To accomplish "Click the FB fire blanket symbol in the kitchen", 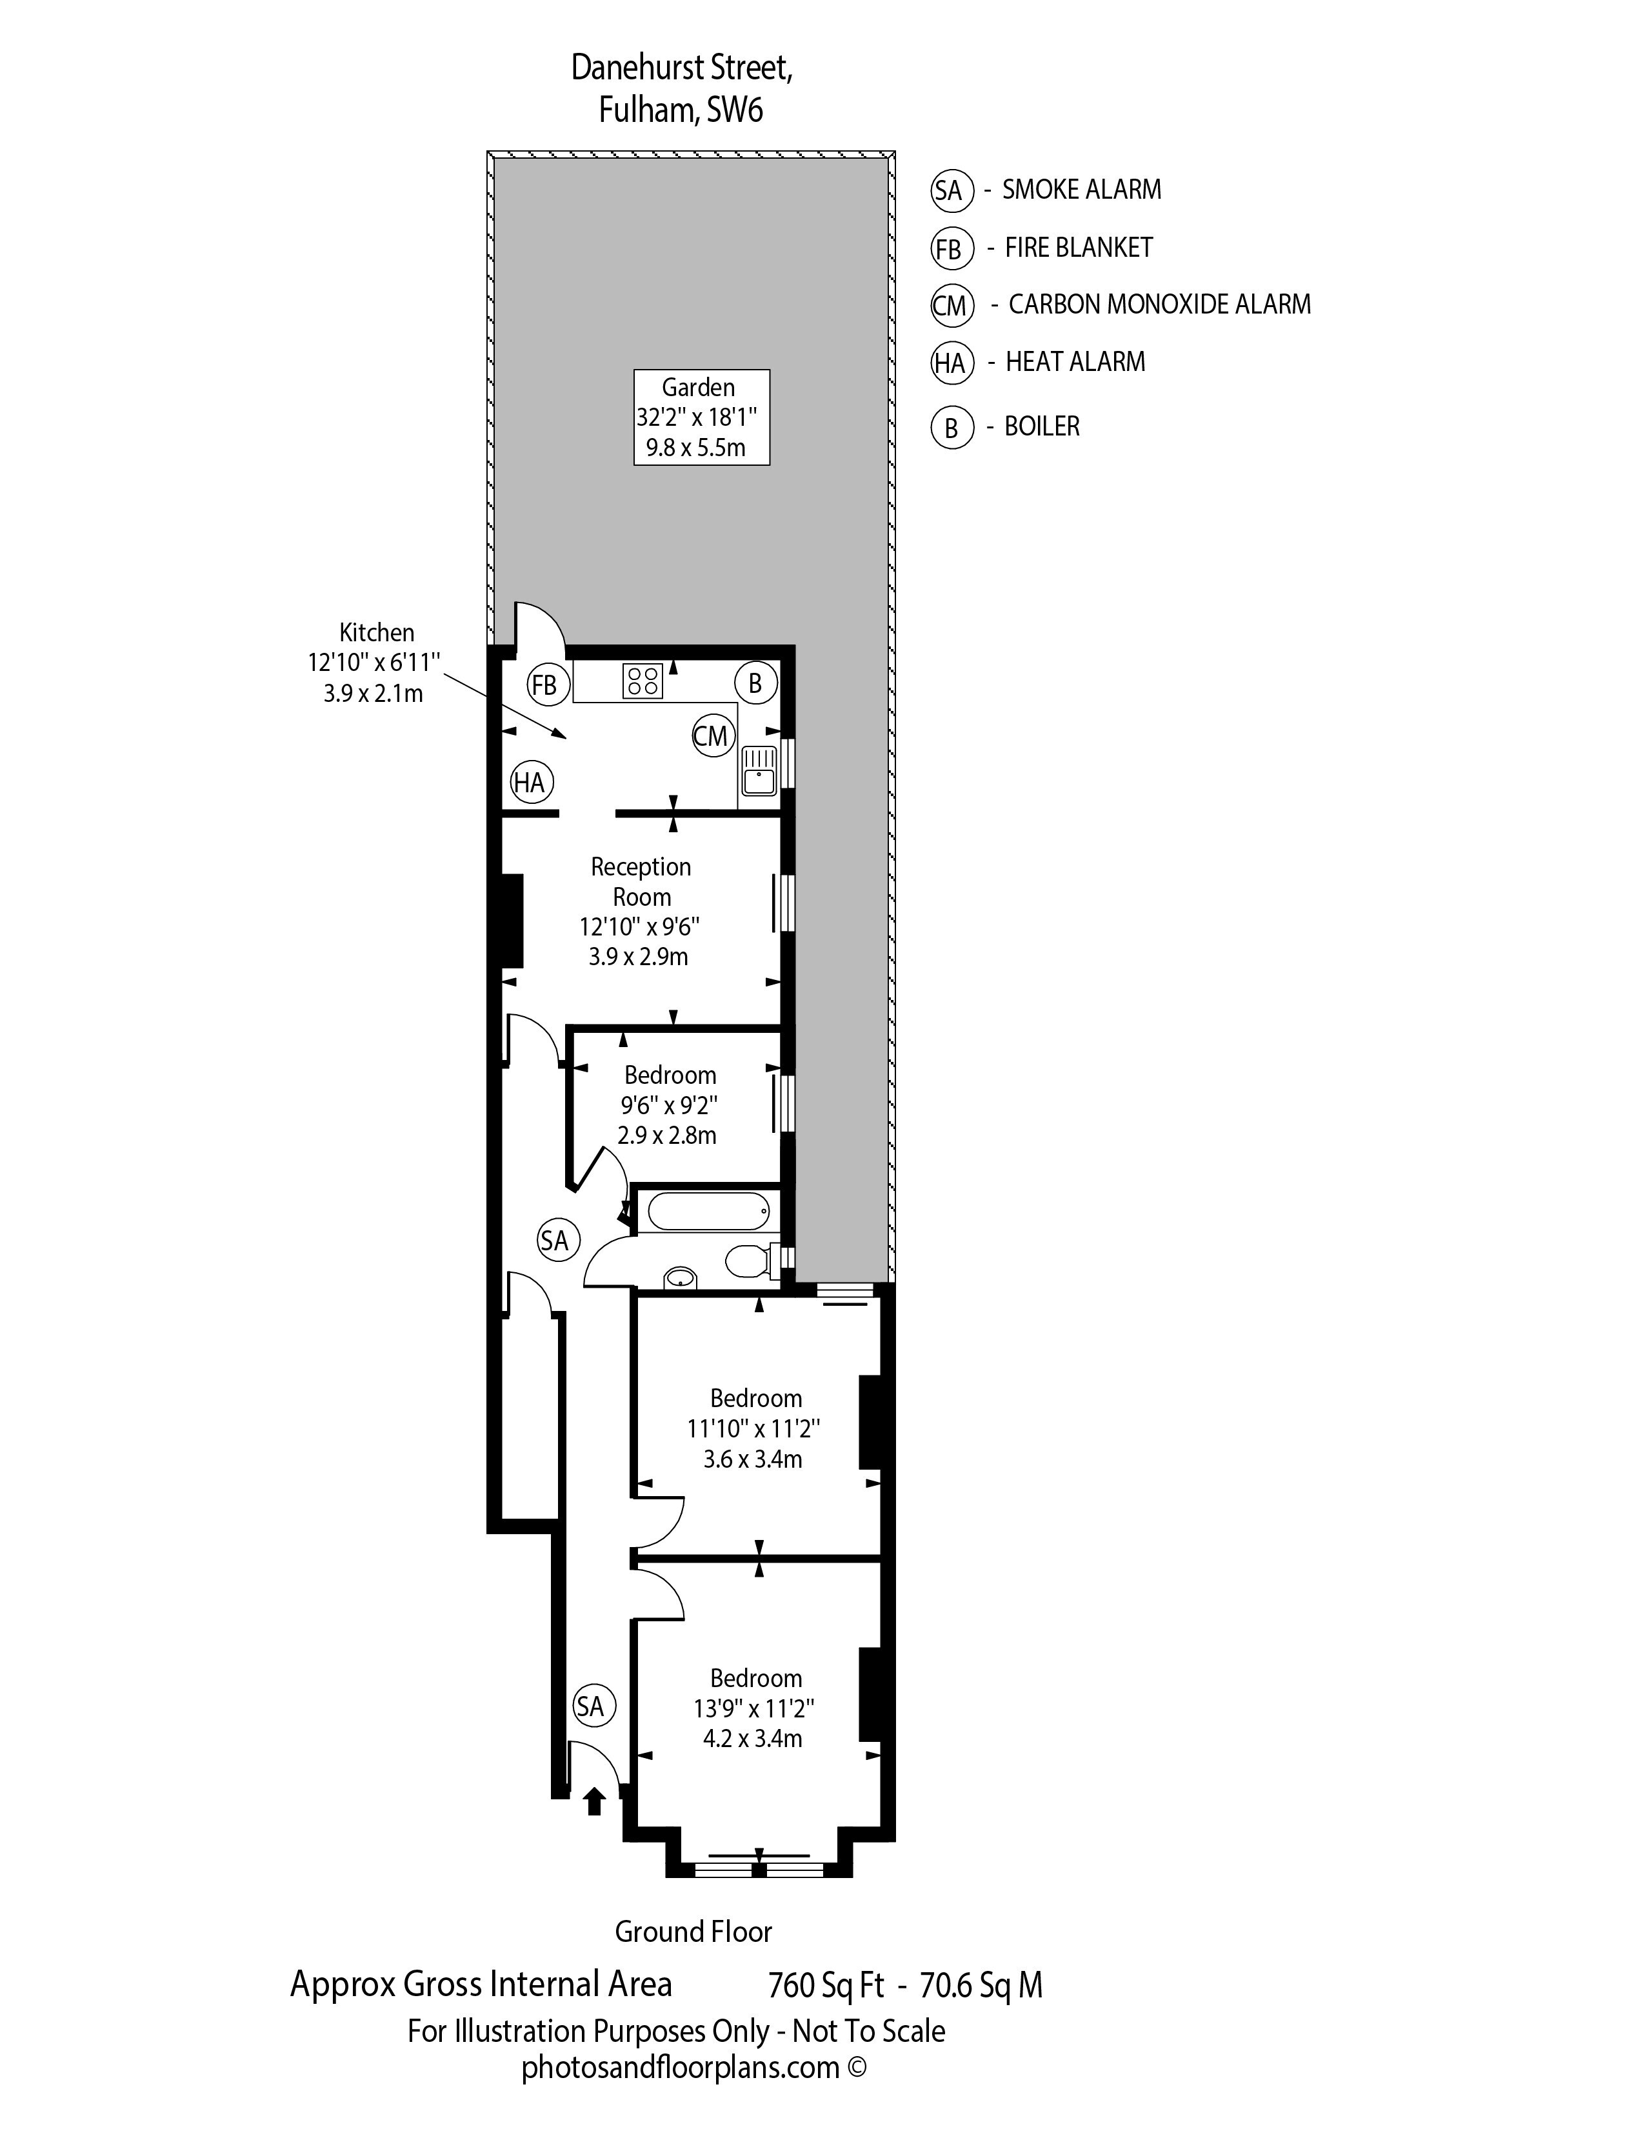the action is [544, 685].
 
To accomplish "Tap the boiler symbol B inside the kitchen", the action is [755, 683].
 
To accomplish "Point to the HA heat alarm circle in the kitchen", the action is [531, 782].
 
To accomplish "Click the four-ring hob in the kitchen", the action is [643, 681].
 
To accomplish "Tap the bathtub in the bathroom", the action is [708, 1212].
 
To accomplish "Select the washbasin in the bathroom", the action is [680, 1277].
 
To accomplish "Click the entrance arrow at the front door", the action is [593, 1801].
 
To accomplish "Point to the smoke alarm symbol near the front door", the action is [590, 1705].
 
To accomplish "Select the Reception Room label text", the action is [641, 881].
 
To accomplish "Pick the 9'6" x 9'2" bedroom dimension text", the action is [670, 1105].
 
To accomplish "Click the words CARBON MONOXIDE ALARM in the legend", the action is [1160, 304].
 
